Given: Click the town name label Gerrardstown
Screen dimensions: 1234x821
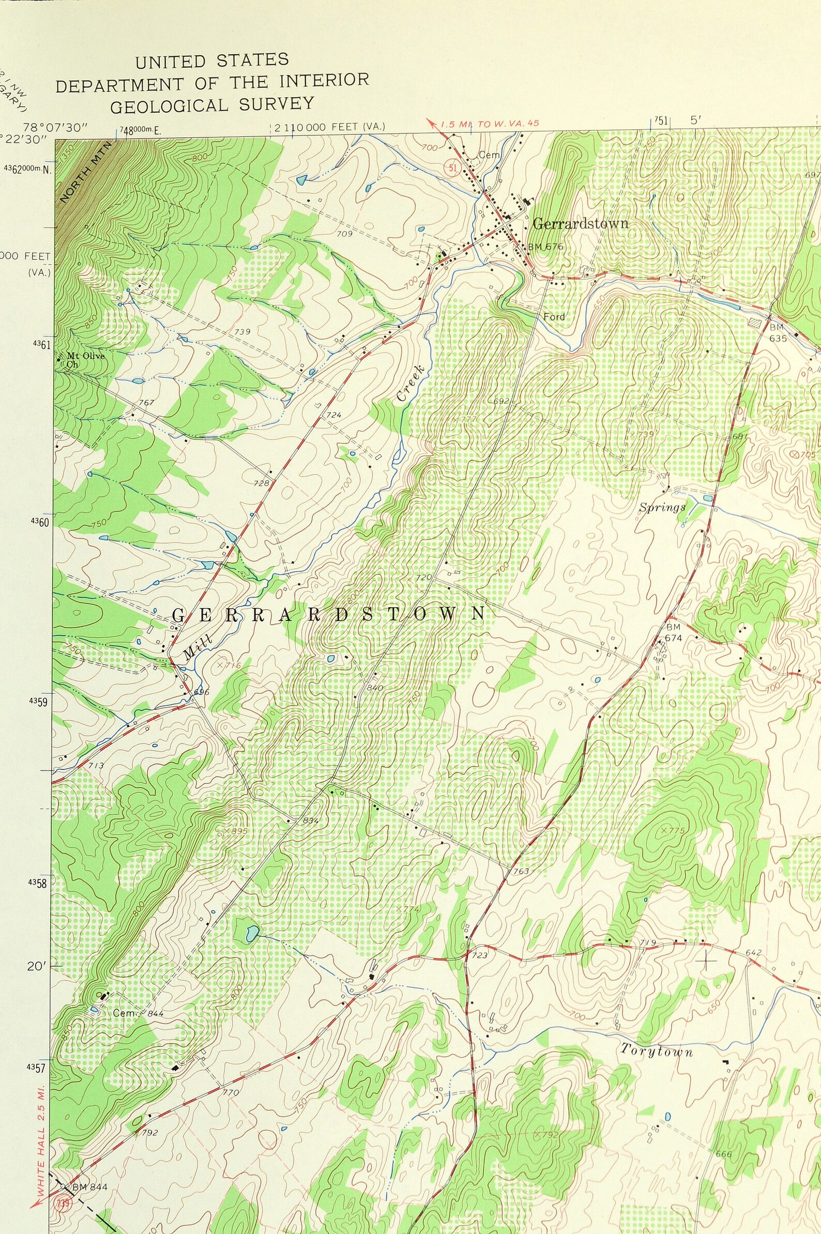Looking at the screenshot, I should pyautogui.click(x=580, y=223).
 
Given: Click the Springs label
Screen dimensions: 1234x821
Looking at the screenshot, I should pyautogui.click(x=662, y=507).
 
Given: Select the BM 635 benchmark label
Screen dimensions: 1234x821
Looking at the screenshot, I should pyautogui.click(x=778, y=333).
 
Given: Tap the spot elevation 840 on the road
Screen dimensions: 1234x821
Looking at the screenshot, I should pyautogui.click(x=375, y=688).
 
